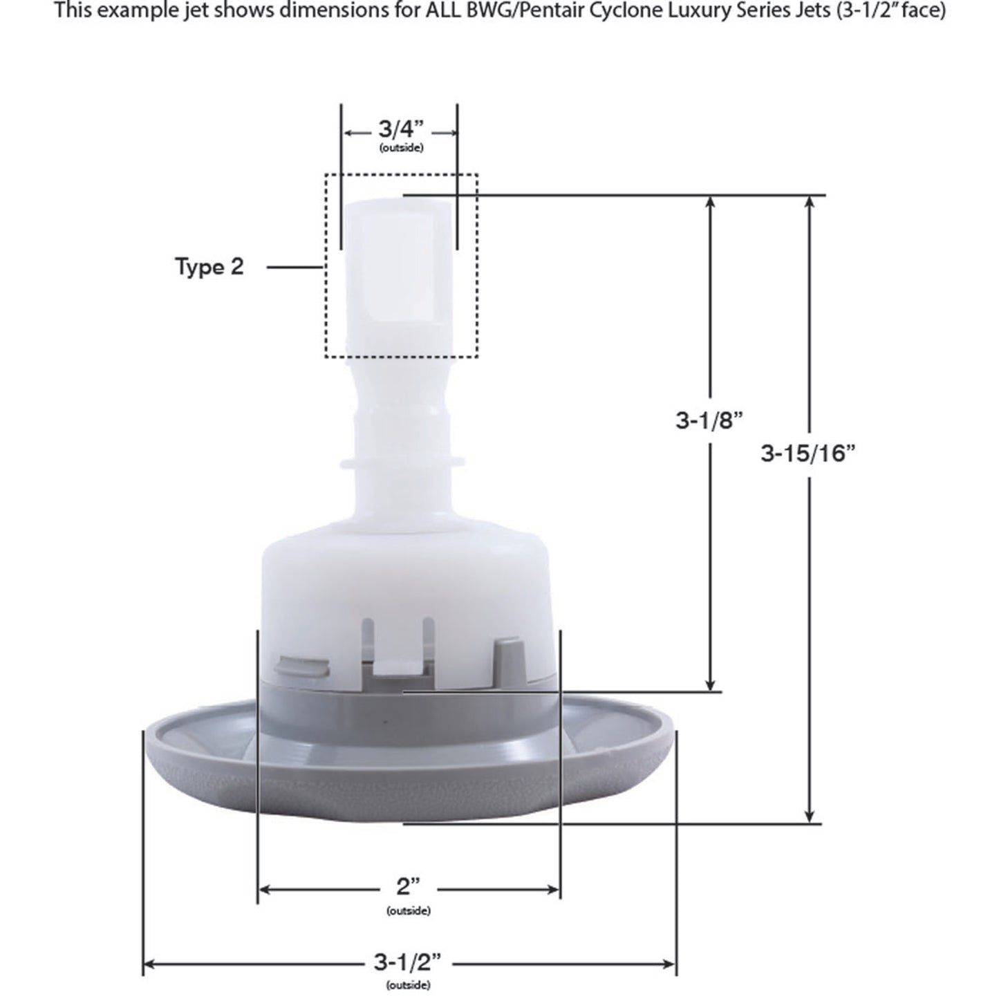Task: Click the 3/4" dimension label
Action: (400, 129)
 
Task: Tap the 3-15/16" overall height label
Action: (808, 454)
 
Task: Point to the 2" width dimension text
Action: (408, 887)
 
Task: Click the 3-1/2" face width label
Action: (407, 962)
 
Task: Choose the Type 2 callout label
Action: (209, 267)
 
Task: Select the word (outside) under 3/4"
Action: (401, 148)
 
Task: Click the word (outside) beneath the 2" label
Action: (408, 911)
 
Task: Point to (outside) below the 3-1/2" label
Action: (407, 984)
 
